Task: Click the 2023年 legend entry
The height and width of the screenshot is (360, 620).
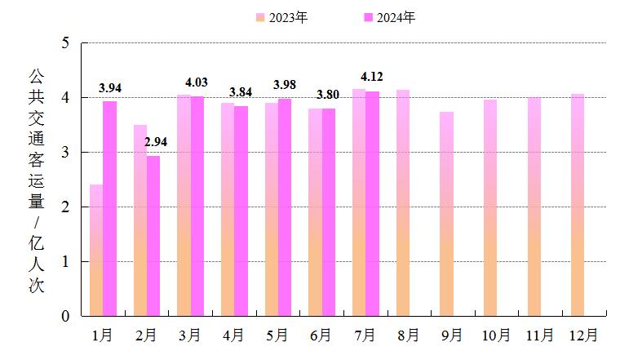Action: tap(281, 17)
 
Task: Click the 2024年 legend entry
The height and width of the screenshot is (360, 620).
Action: tap(390, 17)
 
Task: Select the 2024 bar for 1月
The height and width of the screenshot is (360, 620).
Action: tap(109, 208)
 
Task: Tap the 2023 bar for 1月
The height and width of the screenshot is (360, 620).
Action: tap(96, 250)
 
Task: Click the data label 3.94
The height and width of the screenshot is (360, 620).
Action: tap(110, 88)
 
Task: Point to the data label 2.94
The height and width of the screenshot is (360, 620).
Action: tap(156, 142)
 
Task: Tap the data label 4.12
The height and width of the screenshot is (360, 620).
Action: tap(371, 78)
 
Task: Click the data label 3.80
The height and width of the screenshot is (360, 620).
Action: tap(328, 95)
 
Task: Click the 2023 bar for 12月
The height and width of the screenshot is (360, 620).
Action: tap(578, 205)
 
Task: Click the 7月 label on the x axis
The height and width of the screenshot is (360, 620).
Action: tap(365, 336)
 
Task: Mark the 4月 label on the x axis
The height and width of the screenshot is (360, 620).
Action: tap(233, 336)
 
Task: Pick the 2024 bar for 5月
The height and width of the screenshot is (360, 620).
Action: tap(284, 207)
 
